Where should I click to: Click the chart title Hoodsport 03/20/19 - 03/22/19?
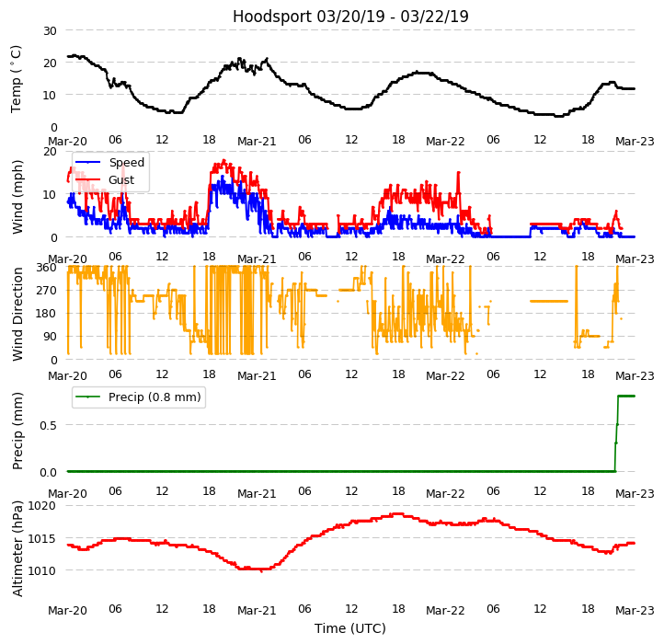[350, 17]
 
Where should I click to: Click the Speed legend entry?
[126, 163]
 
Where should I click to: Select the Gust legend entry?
[121, 180]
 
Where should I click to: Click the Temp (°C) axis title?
[17, 78]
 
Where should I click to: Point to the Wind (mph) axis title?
[17, 196]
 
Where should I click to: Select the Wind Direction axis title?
[17, 313]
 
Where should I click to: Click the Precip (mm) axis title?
[17, 431]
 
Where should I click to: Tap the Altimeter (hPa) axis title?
[17, 548]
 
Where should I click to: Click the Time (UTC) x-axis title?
[350, 628]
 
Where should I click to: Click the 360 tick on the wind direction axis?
[46, 268]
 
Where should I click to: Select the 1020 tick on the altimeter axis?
[42, 506]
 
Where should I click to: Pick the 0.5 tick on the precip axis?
[47, 425]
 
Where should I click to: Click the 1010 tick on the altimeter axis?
[42, 570]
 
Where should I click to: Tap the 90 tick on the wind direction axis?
[50, 337]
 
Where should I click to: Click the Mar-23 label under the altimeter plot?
[635, 611]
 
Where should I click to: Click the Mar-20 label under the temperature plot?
[67, 142]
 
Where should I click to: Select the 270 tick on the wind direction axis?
[46, 291]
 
